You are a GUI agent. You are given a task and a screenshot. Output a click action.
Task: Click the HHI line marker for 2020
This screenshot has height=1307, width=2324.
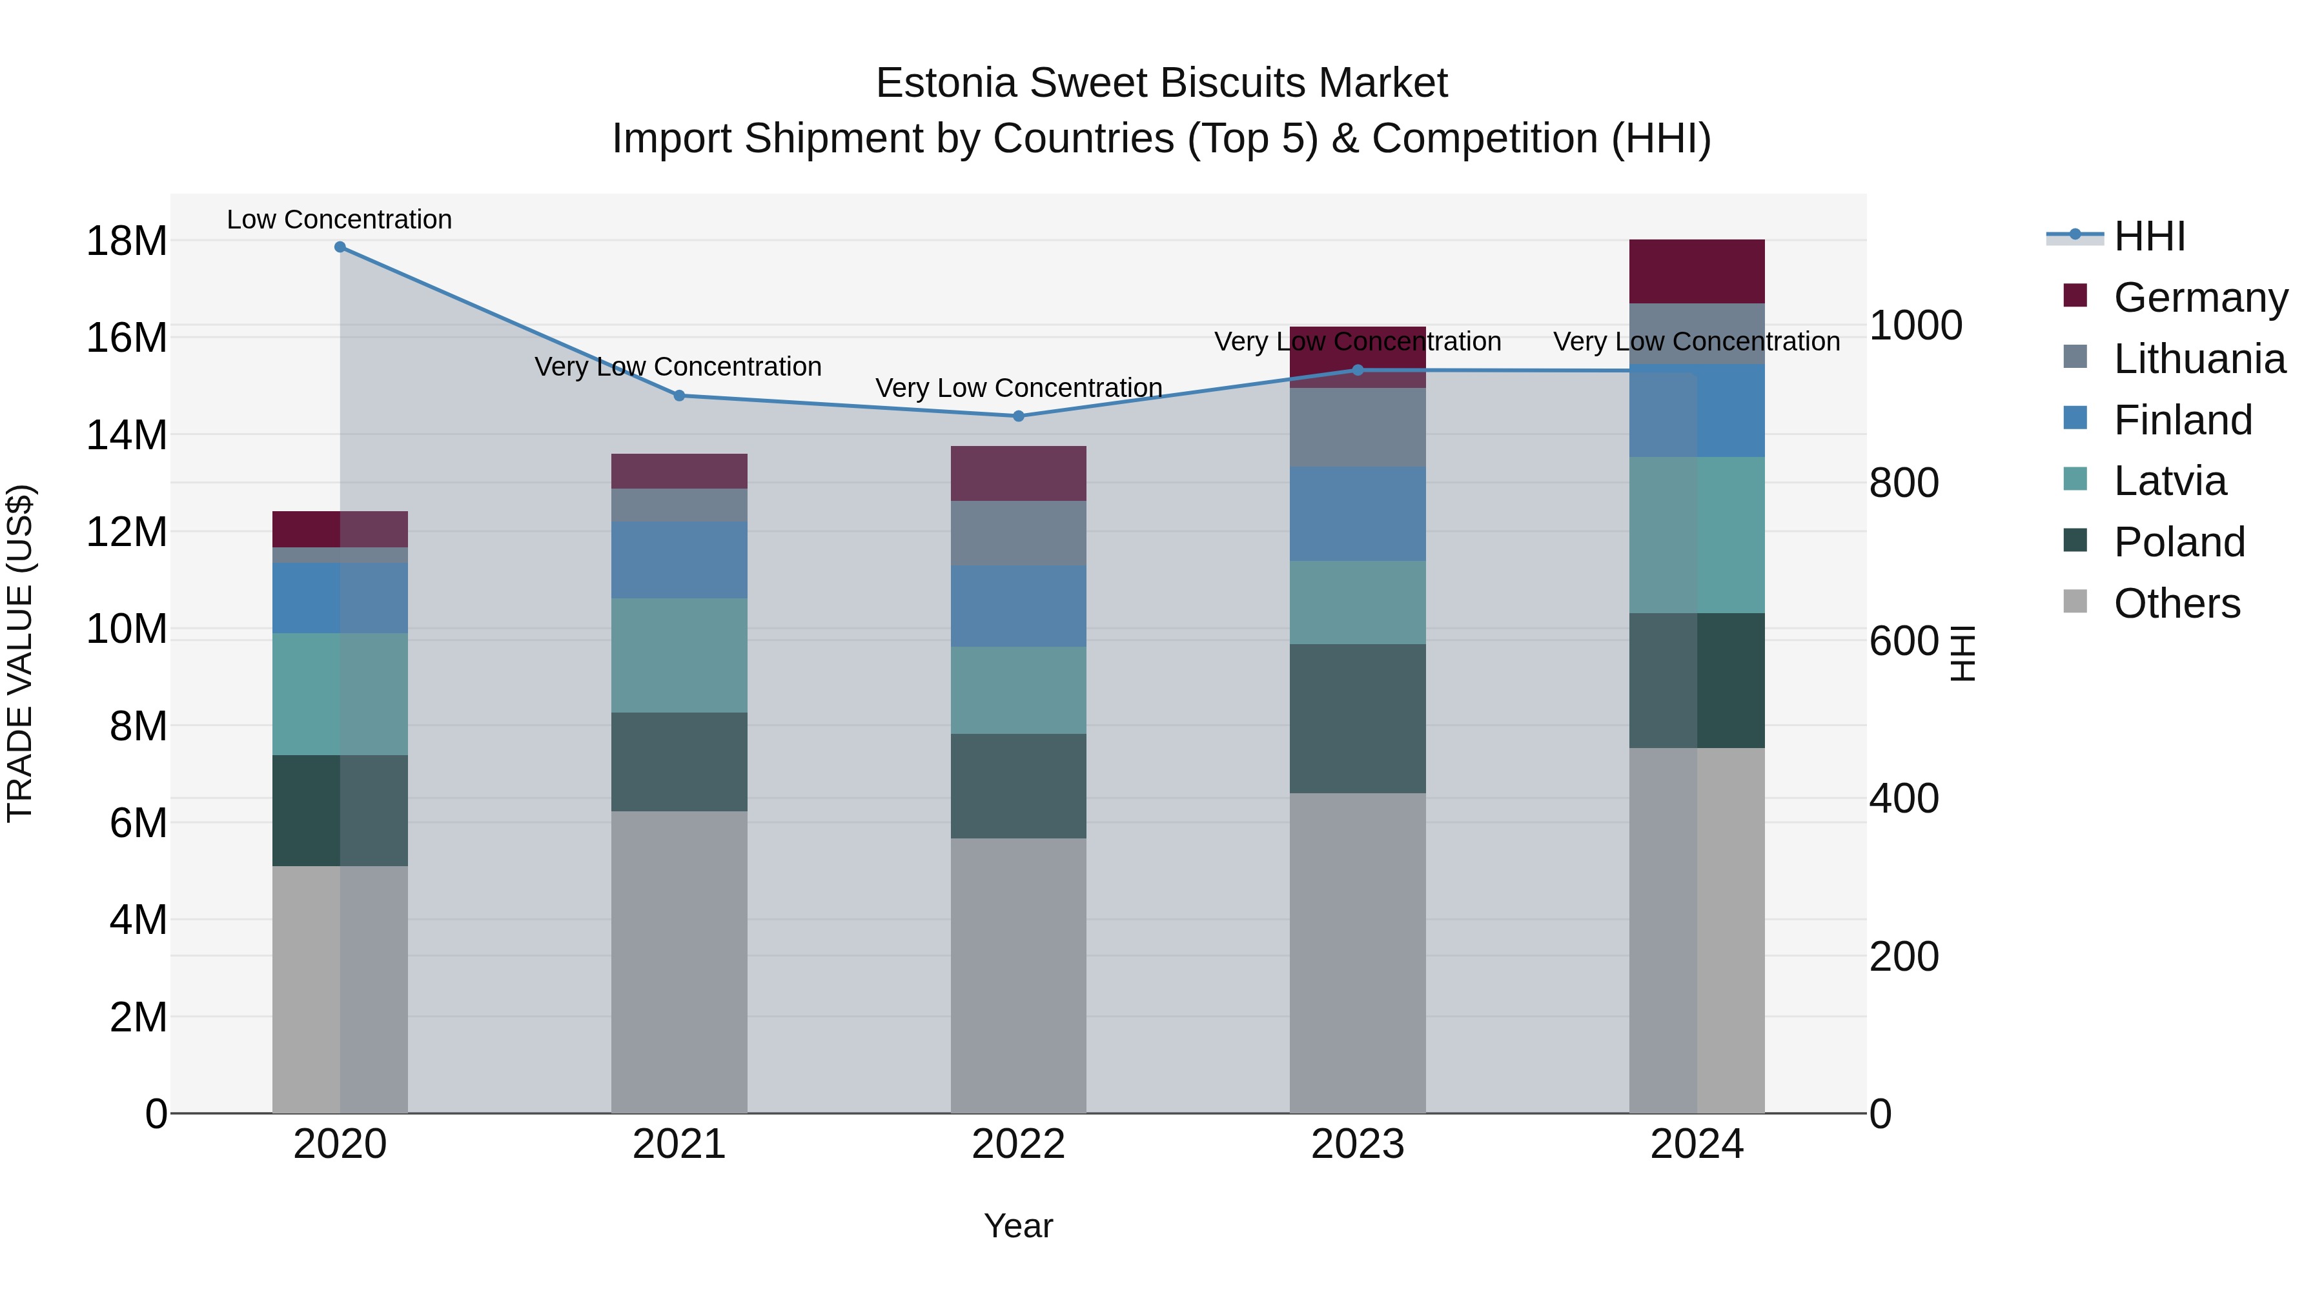(x=340, y=247)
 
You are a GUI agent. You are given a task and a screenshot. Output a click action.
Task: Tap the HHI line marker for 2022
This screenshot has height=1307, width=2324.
(x=1019, y=416)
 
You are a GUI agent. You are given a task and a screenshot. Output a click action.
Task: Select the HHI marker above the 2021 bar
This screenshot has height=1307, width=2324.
(x=679, y=395)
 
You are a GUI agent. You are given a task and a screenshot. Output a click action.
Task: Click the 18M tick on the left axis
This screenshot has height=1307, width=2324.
(x=127, y=241)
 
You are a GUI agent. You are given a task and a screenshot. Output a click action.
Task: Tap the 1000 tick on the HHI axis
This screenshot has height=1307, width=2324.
(x=1915, y=326)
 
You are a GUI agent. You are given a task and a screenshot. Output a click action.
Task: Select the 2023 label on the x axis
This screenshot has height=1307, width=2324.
(x=1357, y=1144)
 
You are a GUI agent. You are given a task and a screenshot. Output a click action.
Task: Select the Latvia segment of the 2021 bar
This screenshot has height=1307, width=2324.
(x=679, y=655)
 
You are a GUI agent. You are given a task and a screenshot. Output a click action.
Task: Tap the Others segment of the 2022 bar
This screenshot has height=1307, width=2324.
(x=1019, y=975)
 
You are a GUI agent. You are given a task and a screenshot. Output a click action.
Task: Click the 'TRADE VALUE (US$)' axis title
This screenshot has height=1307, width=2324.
(x=21, y=653)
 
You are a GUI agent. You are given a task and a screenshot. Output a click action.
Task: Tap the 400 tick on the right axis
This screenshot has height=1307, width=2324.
(x=1904, y=798)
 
